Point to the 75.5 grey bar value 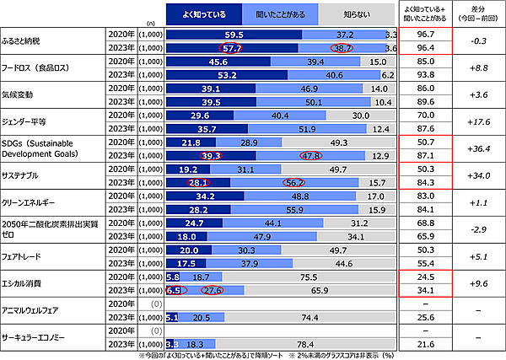pyautogui.click(x=309, y=277)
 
